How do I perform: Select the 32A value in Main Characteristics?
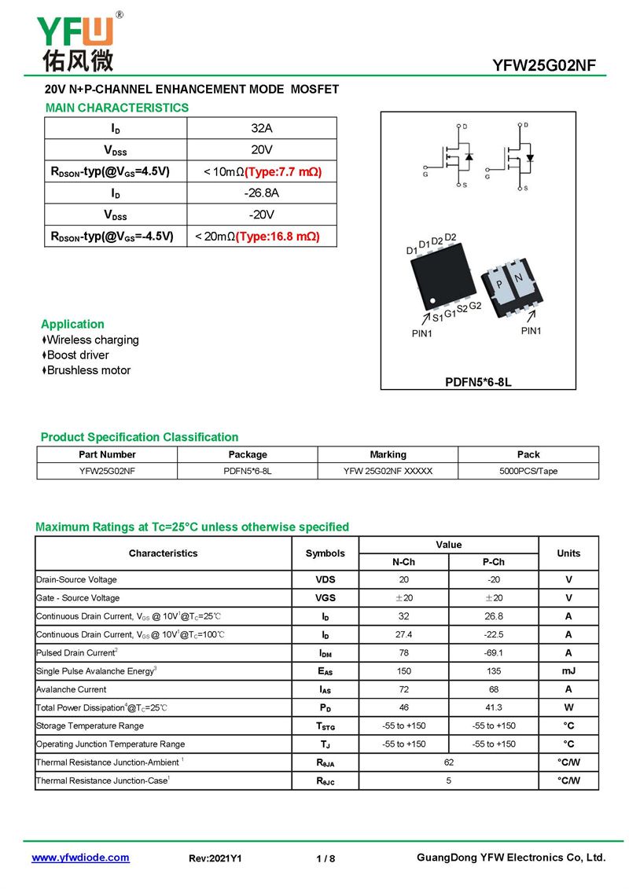(x=262, y=128)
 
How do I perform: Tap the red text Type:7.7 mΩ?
(x=283, y=171)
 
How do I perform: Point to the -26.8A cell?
(x=262, y=193)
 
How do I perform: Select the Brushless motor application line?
(x=88, y=370)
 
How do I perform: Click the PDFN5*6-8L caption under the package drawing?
(x=478, y=383)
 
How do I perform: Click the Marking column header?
(x=388, y=454)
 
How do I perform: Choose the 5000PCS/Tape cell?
(x=528, y=472)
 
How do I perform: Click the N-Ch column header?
(x=403, y=562)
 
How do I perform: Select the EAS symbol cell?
(x=325, y=671)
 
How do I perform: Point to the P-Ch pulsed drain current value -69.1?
(x=493, y=652)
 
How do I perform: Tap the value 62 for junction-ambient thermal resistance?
(x=448, y=762)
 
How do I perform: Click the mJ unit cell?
(x=568, y=671)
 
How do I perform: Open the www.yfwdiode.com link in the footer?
(x=80, y=858)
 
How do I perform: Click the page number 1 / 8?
(x=326, y=858)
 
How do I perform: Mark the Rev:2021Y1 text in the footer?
(x=215, y=858)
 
